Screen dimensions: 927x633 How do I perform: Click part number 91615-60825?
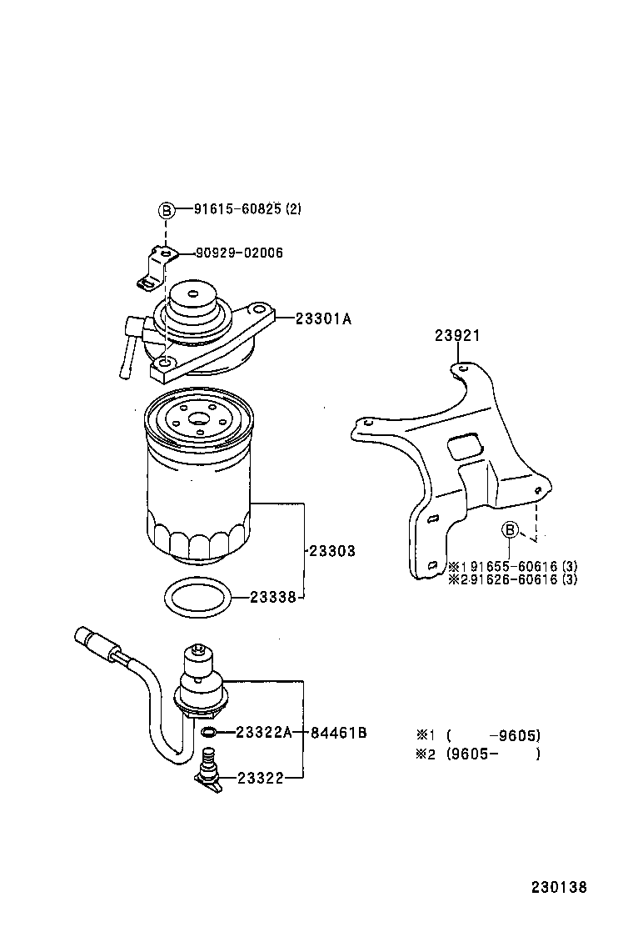pos(237,210)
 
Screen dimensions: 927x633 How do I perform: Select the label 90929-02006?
pos(239,253)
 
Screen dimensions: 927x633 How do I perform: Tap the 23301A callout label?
pos(324,318)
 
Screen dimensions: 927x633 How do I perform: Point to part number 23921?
pos(456,336)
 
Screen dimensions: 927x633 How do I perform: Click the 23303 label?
pos(331,551)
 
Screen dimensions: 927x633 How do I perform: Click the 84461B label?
pos(339,733)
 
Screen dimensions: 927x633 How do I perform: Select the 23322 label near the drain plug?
pos(260,778)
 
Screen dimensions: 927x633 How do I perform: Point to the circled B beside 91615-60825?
pos(166,211)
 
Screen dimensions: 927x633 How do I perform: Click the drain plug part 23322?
pos(209,769)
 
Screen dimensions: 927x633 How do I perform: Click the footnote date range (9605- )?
pos(492,754)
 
